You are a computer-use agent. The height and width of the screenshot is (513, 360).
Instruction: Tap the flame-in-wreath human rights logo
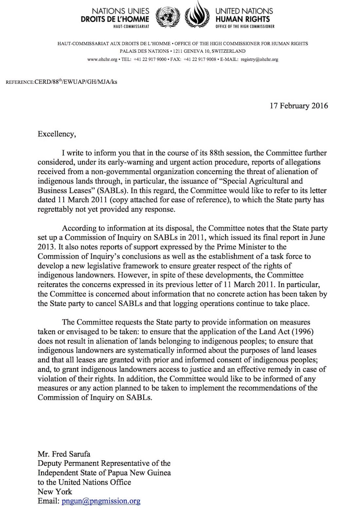[x=198, y=15]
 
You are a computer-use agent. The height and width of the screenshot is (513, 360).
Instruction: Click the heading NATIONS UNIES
[x=120, y=11]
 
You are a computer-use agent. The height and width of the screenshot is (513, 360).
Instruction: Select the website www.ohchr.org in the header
[x=102, y=60]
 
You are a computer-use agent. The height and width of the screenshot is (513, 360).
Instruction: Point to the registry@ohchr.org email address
[x=259, y=60]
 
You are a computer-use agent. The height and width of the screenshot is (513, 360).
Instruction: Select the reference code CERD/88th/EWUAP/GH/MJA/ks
[x=76, y=82]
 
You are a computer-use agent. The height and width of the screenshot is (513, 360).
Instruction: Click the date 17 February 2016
[x=298, y=106]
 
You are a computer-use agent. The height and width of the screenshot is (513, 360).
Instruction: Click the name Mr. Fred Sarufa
[x=64, y=454]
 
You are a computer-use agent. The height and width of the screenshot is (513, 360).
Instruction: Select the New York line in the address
[x=55, y=492]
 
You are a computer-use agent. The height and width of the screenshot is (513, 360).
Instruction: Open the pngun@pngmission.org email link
[x=101, y=501]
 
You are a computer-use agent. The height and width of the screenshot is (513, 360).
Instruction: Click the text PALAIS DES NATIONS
[x=144, y=51]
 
